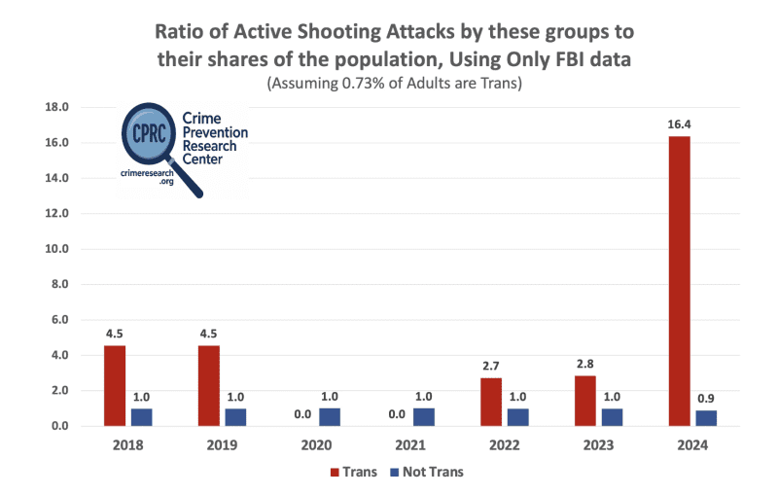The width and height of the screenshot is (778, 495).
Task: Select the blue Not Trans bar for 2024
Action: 705,418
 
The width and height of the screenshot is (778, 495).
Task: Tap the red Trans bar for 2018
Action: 114,385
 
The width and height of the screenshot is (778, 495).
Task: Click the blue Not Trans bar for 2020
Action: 330,416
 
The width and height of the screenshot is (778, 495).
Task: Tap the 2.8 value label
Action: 584,364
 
